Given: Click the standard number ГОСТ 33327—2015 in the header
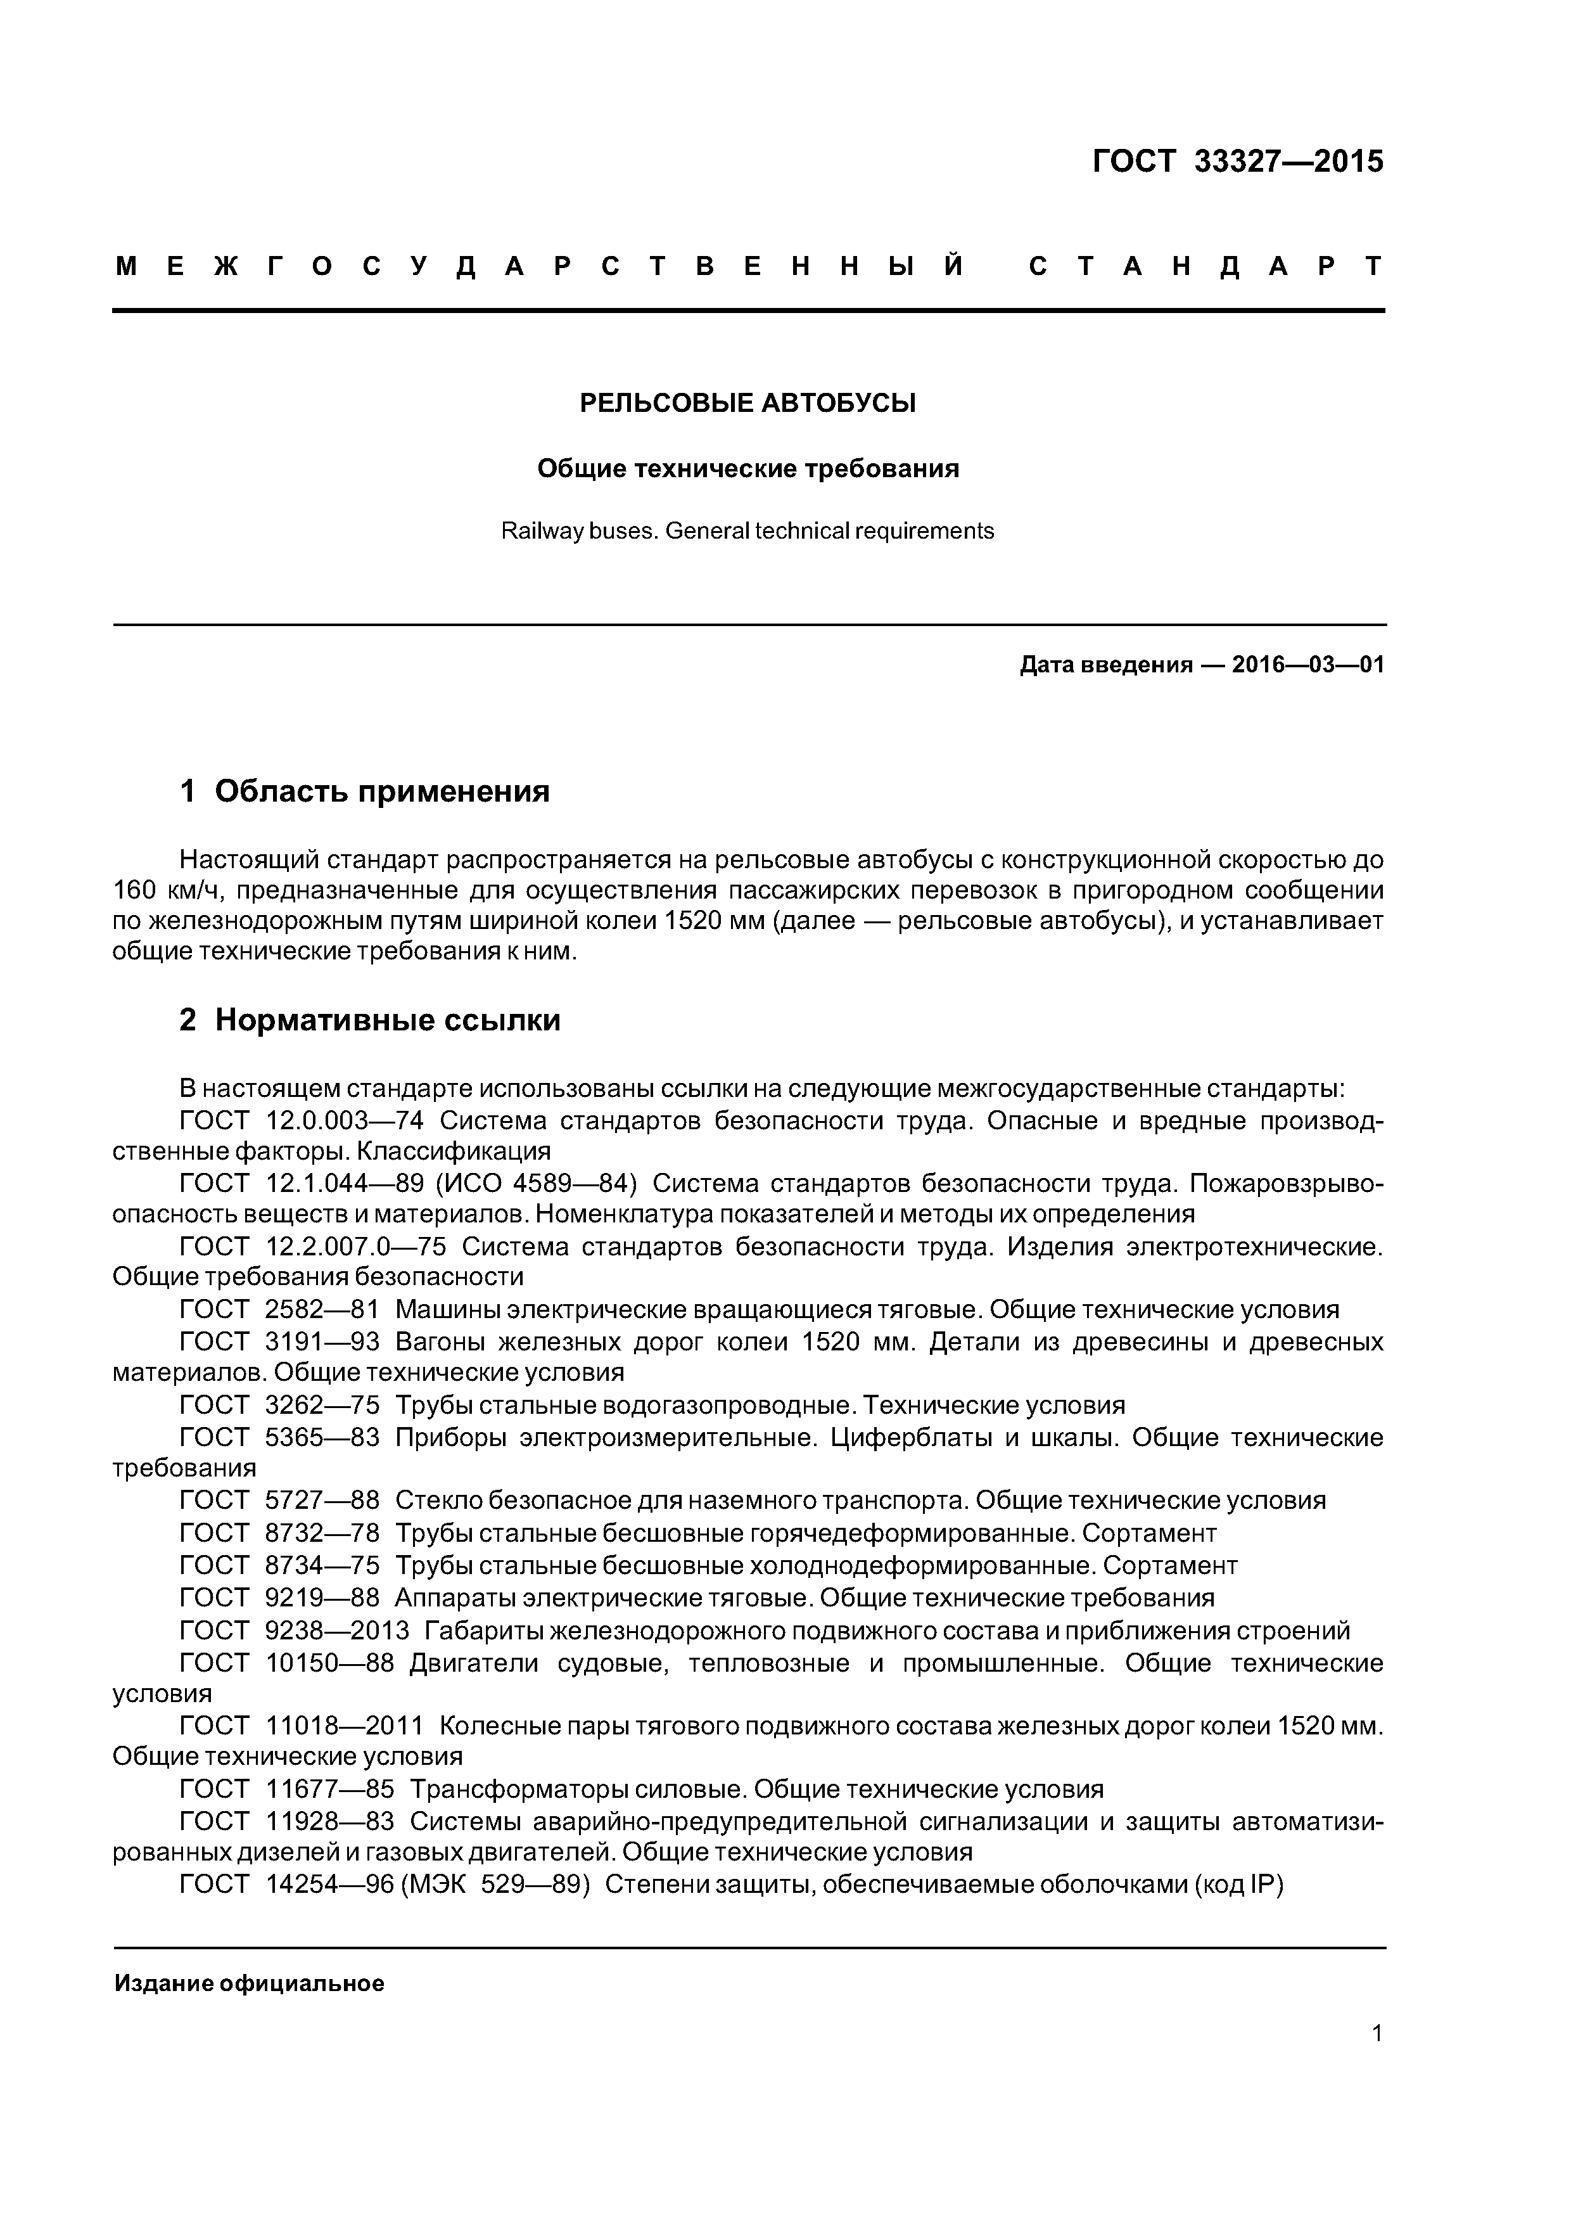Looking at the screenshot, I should [x=1237, y=162].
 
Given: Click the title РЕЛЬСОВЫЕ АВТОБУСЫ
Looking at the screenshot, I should [x=747, y=403].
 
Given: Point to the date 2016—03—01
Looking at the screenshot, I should [x=1307, y=665].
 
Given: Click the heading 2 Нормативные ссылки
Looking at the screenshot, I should [x=370, y=1020].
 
